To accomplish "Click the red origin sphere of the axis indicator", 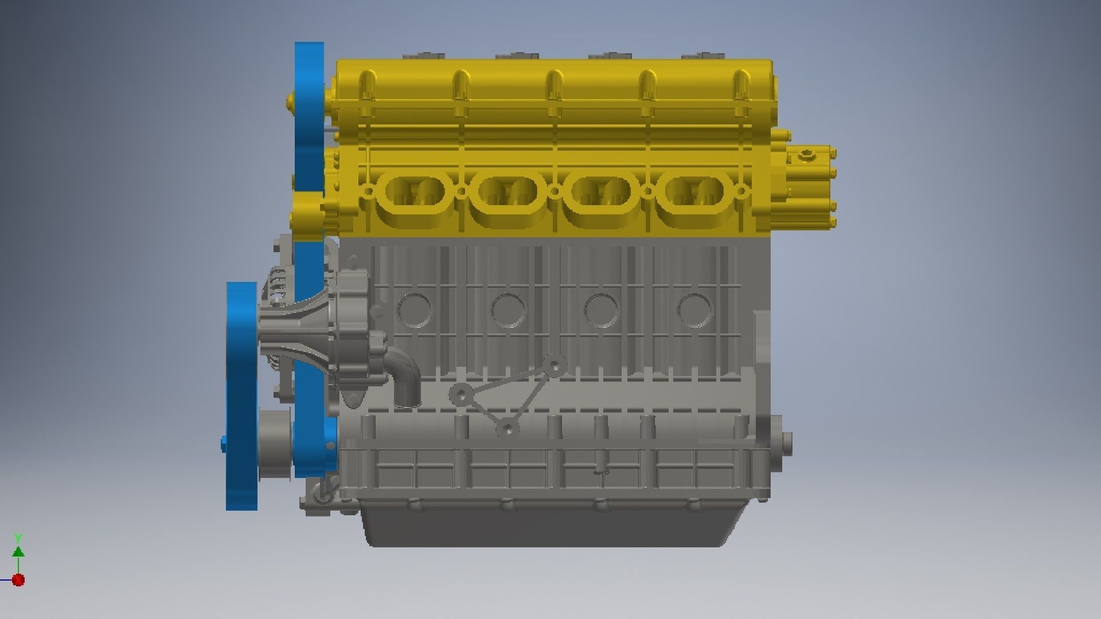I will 18,580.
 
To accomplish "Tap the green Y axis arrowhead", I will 18,551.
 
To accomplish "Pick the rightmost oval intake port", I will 694,193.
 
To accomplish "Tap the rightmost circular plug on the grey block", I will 694,309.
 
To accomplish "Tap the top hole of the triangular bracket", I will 555,363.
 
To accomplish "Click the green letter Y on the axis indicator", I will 18,538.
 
